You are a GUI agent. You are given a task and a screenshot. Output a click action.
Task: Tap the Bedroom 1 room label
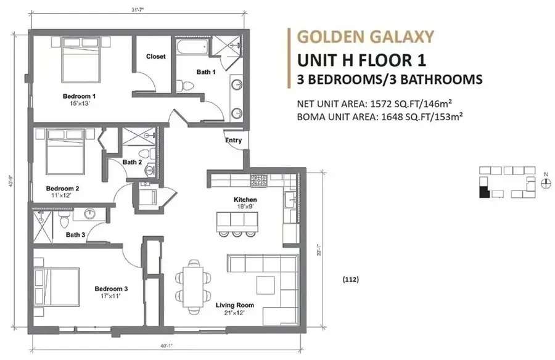[x=80, y=96]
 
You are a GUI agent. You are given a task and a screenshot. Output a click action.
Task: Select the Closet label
[x=155, y=57]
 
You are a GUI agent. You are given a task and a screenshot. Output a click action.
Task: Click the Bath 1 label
[x=206, y=72]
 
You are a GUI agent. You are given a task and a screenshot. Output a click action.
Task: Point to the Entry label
[x=233, y=141]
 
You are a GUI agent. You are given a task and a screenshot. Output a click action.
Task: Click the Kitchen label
[x=245, y=200]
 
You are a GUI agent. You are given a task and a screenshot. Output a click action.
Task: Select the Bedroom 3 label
[x=111, y=288]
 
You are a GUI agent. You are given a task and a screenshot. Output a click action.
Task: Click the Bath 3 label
[x=75, y=234]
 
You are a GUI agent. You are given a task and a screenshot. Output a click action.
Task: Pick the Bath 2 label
[x=132, y=162]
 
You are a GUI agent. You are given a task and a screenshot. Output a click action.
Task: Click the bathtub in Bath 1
[x=192, y=49]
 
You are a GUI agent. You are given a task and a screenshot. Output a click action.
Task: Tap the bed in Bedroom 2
[x=63, y=153]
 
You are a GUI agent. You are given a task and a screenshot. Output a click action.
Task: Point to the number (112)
[x=350, y=279]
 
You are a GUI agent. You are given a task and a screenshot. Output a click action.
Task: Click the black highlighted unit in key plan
[x=484, y=192]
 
